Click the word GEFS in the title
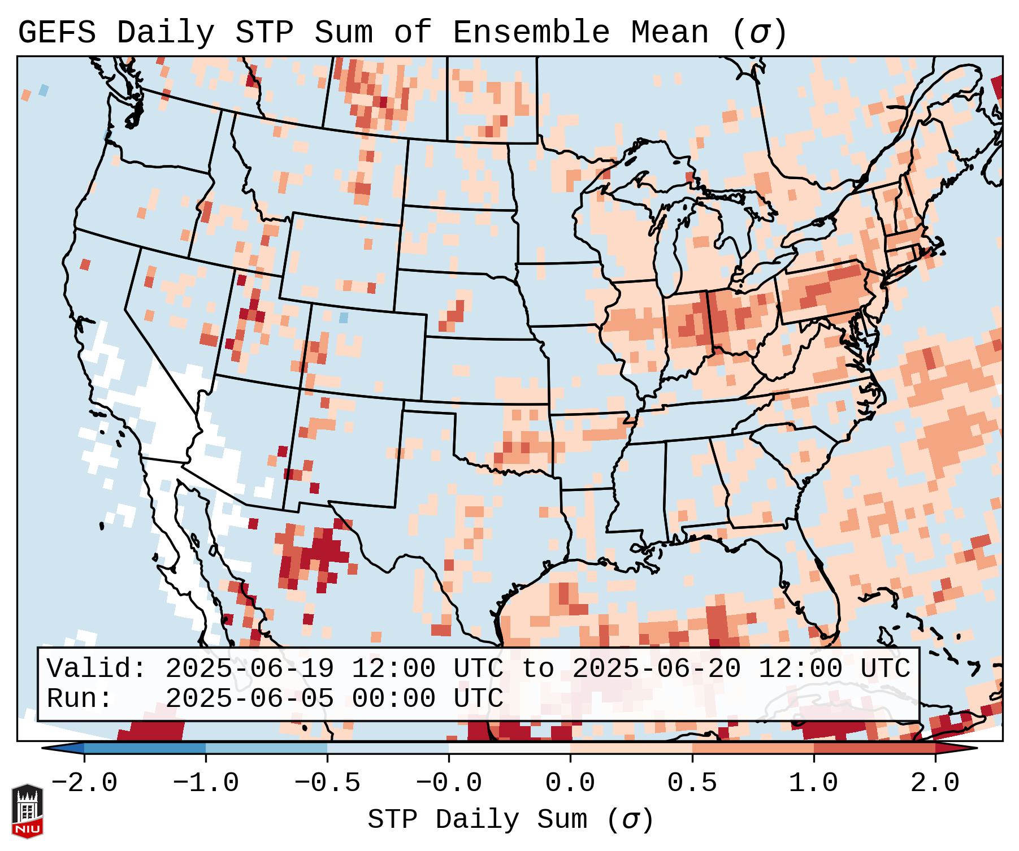(x=57, y=32)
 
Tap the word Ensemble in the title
(x=531, y=32)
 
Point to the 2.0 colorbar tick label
(x=935, y=783)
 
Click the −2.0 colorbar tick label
(x=84, y=783)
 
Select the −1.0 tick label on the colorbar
(x=205, y=783)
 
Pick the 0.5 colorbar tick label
(x=692, y=783)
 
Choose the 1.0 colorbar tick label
(x=813, y=783)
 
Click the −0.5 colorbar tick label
(x=327, y=783)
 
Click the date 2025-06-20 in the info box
(x=656, y=668)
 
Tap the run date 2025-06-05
(x=249, y=698)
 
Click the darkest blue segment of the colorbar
(x=145, y=748)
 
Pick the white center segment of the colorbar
(x=509, y=748)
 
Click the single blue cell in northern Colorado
(x=343, y=318)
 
